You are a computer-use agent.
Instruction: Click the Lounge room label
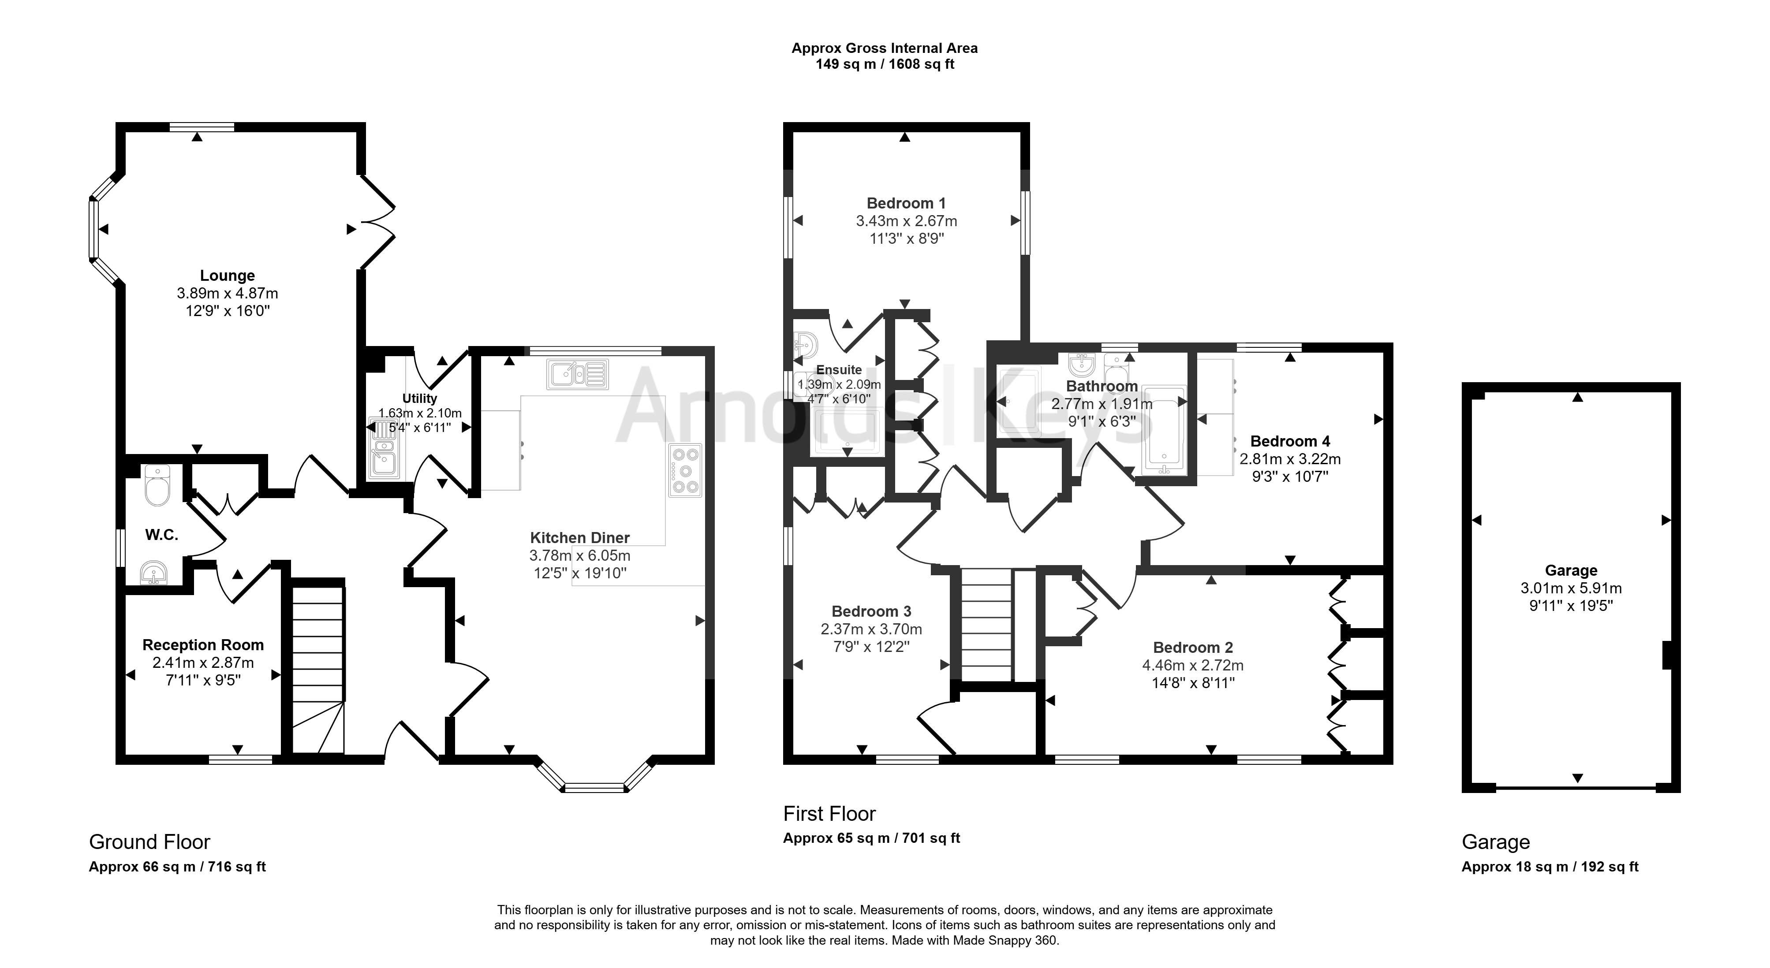click(x=228, y=276)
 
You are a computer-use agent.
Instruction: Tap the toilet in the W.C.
click(x=157, y=486)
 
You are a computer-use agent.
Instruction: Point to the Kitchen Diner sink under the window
click(x=578, y=374)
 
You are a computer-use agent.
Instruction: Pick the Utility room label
click(x=420, y=398)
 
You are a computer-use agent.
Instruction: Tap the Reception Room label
click(x=203, y=645)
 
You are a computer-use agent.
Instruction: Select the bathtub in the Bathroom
click(x=1163, y=430)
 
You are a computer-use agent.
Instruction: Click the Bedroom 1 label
click(x=906, y=203)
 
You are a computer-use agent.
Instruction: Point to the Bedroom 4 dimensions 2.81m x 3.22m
click(x=1290, y=459)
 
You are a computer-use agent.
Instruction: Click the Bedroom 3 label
click(x=871, y=611)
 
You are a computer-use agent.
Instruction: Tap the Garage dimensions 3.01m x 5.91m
click(x=1572, y=588)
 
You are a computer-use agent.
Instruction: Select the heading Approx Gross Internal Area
click(x=884, y=48)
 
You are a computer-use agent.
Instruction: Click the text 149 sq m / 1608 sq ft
click(x=885, y=65)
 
